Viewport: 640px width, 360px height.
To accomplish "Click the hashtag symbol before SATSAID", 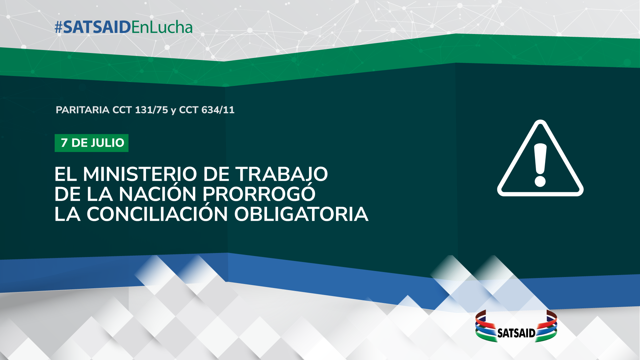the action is [59, 27].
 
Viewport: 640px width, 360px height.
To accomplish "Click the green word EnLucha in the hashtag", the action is [162, 27].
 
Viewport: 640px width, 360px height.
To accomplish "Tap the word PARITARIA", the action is [82, 110].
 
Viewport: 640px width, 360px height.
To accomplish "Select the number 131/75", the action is [151, 110].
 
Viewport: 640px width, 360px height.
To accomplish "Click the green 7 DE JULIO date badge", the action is [92, 143].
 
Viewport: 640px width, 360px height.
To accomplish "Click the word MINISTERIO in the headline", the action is [140, 174].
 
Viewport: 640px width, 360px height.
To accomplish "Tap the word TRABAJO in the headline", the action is [282, 174].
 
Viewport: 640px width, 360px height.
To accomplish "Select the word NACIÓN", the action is [157, 193].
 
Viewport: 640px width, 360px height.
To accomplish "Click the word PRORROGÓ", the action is [259, 193].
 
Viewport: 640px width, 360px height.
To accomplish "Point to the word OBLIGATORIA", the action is [301, 214].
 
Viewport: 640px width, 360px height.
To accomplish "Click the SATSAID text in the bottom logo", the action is [516, 333].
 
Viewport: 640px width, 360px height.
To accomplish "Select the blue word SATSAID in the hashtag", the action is [97, 27].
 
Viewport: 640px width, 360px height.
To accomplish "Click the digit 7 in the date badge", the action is [64, 143].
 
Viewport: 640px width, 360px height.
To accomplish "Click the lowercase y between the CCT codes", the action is [173, 111].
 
